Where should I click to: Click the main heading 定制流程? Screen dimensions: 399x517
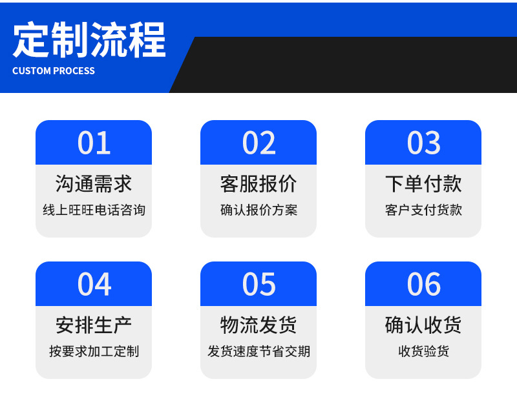pyautogui.click(x=89, y=40)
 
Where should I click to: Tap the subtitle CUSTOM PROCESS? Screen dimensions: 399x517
pyautogui.click(x=54, y=71)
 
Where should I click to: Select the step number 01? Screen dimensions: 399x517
pyautogui.click(x=94, y=143)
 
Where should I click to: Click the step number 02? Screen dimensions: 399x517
pyautogui.click(x=258, y=143)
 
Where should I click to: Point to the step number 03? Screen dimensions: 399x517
pyautogui.click(x=423, y=143)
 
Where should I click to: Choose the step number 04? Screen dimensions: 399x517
pyautogui.click(x=94, y=284)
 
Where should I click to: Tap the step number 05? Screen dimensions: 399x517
pyautogui.click(x=258, y=284)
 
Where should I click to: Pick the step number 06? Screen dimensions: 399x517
pyautogui.click(x=423, y=284)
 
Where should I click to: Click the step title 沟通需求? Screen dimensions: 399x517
pyautogui.click(x=94, y=184)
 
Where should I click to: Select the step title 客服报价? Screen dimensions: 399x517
pyautogui.click(x=258, y=184)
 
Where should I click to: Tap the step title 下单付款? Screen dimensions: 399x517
pyautogui.click(x=423, y=184)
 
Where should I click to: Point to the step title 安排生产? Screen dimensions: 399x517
pyautogui.click(x=94, y=325)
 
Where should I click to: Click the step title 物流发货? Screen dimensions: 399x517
pyautogui.click(x=258, y=325)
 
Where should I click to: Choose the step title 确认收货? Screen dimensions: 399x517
pyautogui.click(x=423, y=325)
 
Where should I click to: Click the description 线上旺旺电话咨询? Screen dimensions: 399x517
pyautogui.click(x=94, y=210)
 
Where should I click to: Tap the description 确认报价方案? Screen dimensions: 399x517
pyautogui.click(x=258, y=210)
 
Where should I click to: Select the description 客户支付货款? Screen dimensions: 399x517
pyautogui.click(x=423, y=210)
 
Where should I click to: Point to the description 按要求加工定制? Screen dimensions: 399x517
pyautogui.click(x=94, y=352)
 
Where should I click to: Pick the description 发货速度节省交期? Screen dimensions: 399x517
pyautogui.click(x=258, y=352)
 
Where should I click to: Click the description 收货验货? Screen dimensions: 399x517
pyautogui.click(x=423, y=352)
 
